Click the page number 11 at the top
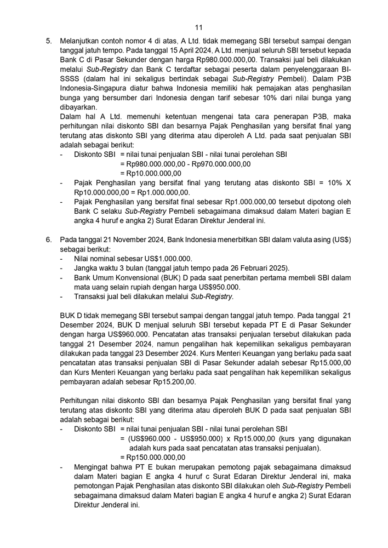point(198,27)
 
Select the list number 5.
point(48,41)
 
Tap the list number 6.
point(48,239)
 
